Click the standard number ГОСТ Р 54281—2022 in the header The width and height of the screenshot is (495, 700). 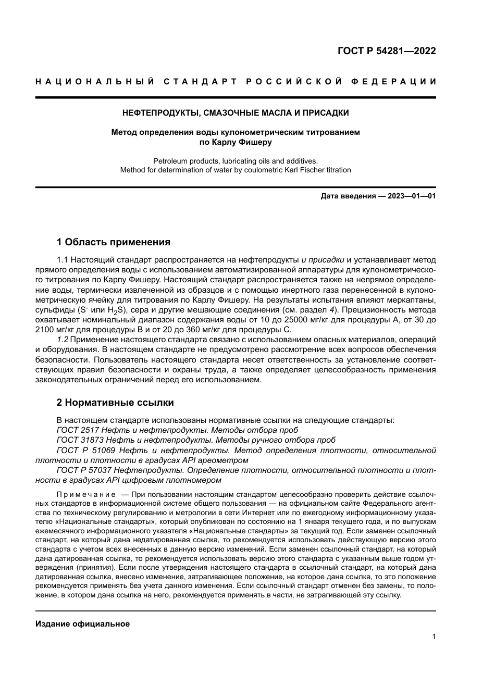tap(387, 51)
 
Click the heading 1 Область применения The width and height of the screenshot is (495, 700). tap(113, 242)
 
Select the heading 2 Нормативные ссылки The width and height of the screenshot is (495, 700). tap(115, 403)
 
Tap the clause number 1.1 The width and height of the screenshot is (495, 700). tap(63, 260)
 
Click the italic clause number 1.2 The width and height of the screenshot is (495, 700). tap(63, 340)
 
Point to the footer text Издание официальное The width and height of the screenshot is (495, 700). tap(82, 624)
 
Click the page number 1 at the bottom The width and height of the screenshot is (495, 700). tap(434, 636)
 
